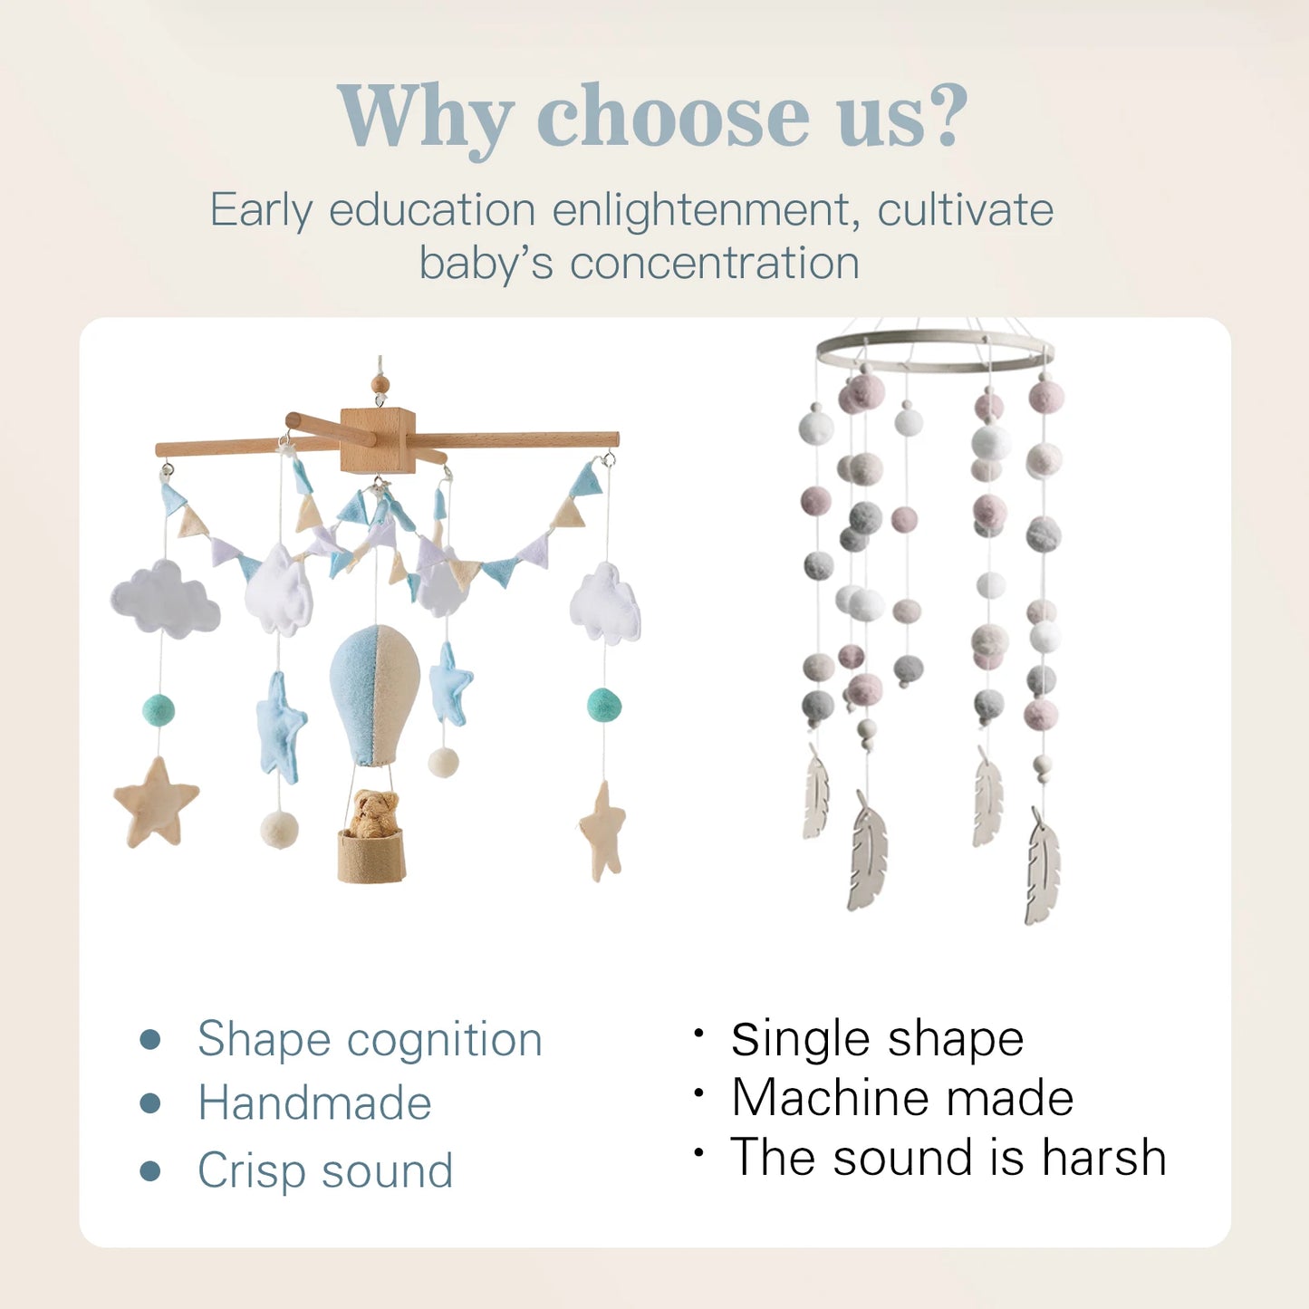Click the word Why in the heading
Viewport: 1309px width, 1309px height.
coord(424,118)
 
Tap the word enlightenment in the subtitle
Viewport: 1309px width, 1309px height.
coord(701,210)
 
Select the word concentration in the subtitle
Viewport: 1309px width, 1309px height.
coord(714,264)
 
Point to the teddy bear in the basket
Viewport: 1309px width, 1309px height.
coord(373,813)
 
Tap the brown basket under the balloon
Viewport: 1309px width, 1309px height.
coord(371,856)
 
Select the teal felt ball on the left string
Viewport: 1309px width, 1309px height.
coord(159,710)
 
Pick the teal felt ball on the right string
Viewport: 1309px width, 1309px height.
coord(604,704)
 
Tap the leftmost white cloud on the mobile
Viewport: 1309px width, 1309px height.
coord(165,599)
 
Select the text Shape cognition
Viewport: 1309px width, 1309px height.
coord(370,1039)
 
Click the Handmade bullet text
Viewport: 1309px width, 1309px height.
coord(314,1103)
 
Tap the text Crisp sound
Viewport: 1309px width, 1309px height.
coord(325,1170)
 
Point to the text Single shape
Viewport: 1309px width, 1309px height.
coord(877,1039)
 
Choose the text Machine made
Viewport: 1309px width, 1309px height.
coord(902,1098)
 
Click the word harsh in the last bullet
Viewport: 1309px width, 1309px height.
coord(1103,1158)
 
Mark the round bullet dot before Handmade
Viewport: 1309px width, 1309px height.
coord(150,1103)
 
